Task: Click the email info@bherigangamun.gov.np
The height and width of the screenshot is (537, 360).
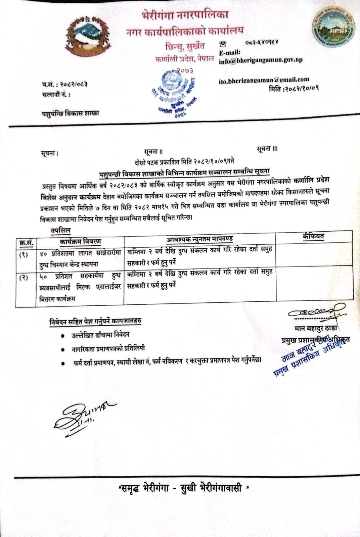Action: (261, 60)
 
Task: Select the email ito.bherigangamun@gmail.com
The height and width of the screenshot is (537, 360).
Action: (264, 80)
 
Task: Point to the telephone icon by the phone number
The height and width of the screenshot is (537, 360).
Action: (222, 44)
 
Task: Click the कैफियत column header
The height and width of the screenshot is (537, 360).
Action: (313, 236)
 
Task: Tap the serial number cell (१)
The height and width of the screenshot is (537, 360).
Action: (24, 255)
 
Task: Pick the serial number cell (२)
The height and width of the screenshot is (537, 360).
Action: (24, 278)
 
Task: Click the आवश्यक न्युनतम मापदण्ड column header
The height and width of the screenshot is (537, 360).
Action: (199, 239)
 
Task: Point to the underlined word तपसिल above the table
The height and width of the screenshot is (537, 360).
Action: (60, 231)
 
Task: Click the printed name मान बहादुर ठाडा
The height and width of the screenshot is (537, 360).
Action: (316, 328)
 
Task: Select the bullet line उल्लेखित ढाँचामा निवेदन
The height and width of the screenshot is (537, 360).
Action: (100, 335)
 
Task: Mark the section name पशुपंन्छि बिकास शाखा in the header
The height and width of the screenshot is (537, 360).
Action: (71, 113)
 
